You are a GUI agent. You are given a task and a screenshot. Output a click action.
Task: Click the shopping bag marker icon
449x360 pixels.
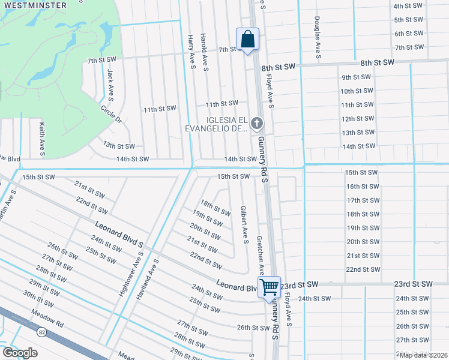tap(247, 40)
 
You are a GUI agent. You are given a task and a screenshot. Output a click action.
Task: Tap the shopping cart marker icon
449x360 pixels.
tap(269, 287)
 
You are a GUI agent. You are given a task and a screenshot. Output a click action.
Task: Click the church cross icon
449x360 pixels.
tap(257, 124)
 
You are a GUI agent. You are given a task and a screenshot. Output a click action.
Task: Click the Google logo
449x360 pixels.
tap(20, 353)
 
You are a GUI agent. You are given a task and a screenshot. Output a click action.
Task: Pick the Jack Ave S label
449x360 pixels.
tap(110, 83)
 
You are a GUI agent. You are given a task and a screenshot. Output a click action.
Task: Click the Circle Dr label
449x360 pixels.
tap(111, 115)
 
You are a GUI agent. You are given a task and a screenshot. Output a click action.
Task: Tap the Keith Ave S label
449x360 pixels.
tap(41, 139)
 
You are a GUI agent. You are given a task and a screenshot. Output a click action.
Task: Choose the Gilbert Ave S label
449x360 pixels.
tap(244, 225)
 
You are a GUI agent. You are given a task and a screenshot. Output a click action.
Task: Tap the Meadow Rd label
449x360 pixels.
tap(52, 318)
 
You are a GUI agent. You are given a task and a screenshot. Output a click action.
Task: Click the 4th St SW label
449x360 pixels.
tap(409, 6)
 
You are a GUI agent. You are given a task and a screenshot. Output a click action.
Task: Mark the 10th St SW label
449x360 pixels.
tap(357, 91)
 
